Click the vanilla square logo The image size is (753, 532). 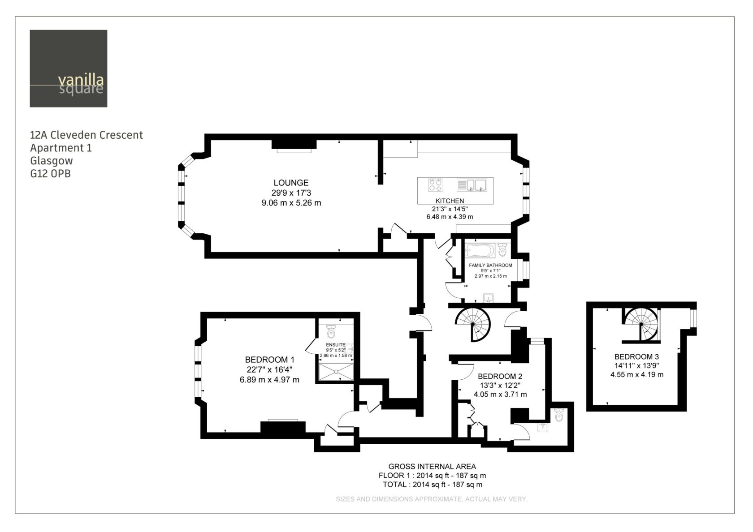coord(69,69)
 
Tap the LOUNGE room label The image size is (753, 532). coord(291,183)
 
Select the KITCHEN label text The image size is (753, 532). coord(450,201)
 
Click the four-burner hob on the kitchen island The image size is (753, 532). coord(435,185)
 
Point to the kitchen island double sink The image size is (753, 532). coord(472,185)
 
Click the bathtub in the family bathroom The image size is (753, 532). coord(480,251)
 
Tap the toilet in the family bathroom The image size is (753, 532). coord(502,250)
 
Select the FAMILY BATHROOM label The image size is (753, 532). coord(490,265)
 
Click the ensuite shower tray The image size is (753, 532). coord(336,372)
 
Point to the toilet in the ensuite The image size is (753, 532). coord(332,331)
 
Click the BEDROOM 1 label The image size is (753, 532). coord(270,360)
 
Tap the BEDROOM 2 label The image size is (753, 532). coord(500,376)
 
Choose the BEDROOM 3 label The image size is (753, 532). coord(636,356)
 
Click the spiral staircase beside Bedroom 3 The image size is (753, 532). coord(641,324)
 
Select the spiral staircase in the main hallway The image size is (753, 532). coord(472,324)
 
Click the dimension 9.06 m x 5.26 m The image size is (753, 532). coord(291,203)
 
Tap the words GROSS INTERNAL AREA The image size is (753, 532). coord(432,467)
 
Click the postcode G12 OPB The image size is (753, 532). coord(50,174)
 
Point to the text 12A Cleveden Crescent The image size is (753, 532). coord(87,135)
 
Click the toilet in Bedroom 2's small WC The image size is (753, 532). coord(558,415)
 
